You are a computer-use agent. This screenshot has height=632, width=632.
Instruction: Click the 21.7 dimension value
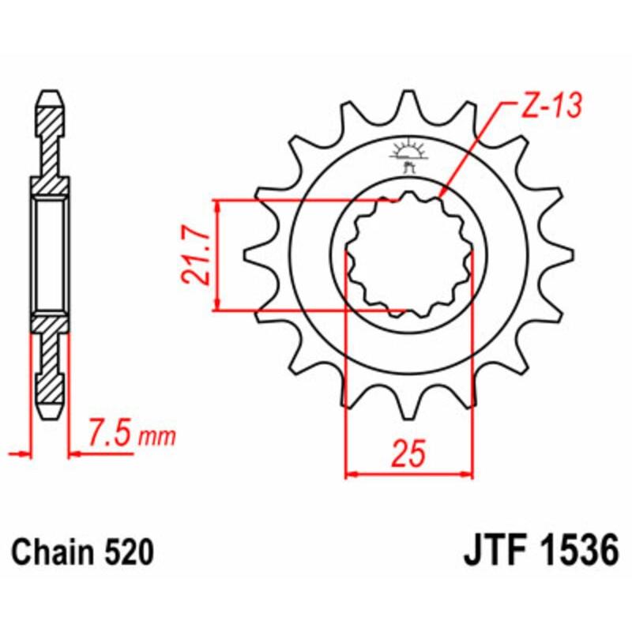click(x=195, y=254)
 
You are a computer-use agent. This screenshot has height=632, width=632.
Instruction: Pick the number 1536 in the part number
click(x=574, y=551)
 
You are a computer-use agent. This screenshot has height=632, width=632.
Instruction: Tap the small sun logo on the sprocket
click(x=408, y=151)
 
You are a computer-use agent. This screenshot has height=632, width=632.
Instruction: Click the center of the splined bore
click(x=409, y=254)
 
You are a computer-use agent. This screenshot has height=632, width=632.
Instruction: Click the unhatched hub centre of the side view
click(x=51, y=254)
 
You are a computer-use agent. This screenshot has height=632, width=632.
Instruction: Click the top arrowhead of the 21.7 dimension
click(x=217, y=205)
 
